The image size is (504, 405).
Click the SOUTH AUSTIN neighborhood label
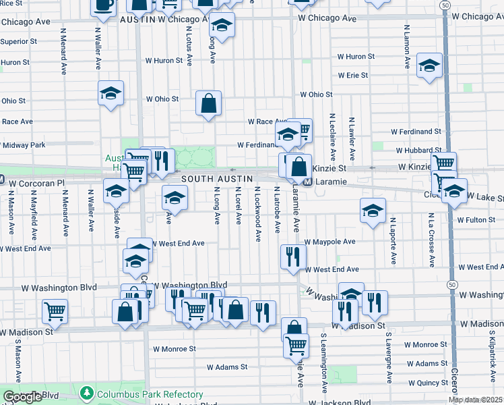coord(218,178)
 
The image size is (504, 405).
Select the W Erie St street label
coord(352,76)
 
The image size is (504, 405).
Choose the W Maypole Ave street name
coord(329,242)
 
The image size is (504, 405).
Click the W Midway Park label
coord(23,145)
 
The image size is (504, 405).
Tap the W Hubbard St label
coord(418,151)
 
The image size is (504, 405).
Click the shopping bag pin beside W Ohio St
coord(209,105)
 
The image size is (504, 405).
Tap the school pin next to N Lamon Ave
coord(429,66)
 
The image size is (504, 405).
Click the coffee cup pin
coord(103,5)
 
